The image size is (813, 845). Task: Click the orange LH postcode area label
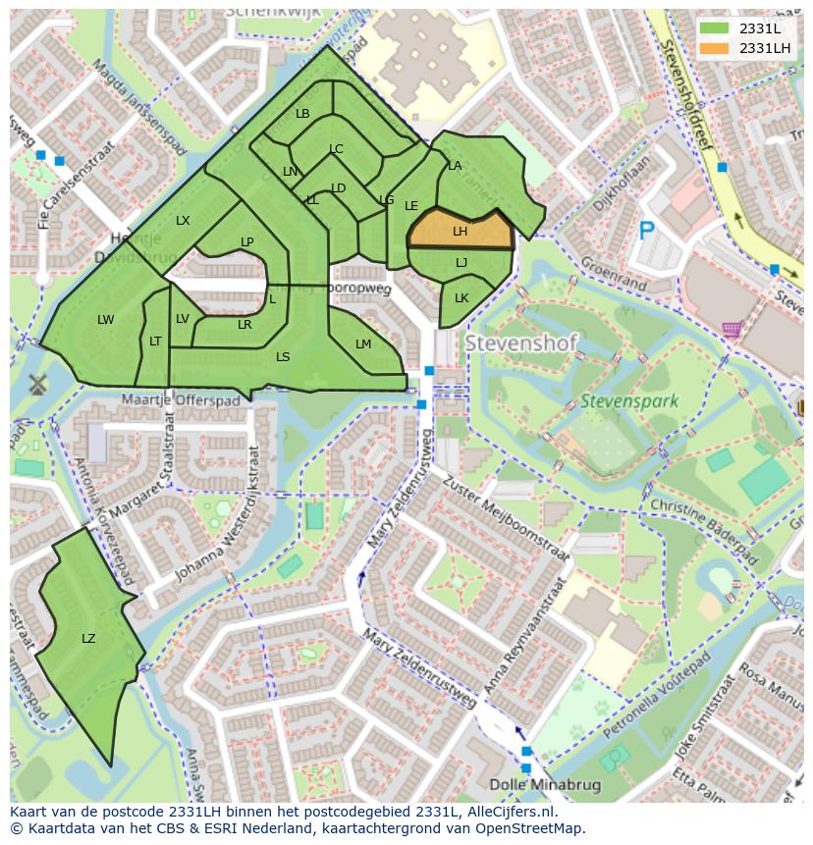click(460, 232)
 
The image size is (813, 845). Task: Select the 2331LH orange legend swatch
click(716, 48)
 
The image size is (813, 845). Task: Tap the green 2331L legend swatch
click(716, 28)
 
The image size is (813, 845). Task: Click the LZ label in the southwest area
click(88, 639)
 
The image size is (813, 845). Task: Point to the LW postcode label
click(106, 320)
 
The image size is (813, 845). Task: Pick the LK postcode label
click(461, 298)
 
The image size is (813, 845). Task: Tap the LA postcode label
click(455, 166)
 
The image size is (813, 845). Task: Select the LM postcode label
click(363, 344)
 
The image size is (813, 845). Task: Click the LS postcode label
click(283, 357)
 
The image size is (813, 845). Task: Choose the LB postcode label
click(302, 114)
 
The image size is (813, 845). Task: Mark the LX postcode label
click(183, 221)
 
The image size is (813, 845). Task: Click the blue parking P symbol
click(646, 231)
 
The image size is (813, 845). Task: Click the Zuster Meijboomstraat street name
click(506, 518)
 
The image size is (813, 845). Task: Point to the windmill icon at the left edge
click(38, 383)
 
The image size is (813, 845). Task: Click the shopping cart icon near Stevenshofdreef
click(731, 330)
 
